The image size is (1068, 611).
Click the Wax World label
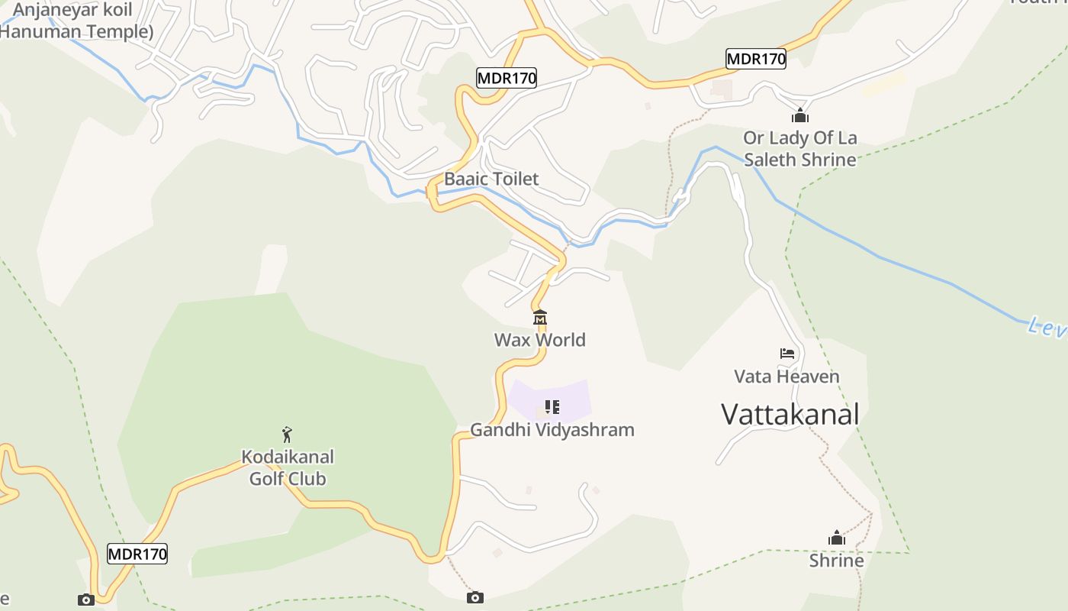pyautogui.click(x=539, y=340)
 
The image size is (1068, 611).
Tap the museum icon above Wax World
pyautogui.click(x=540, y=317)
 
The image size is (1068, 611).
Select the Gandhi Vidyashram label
pyautogui.click(x=552, y=430)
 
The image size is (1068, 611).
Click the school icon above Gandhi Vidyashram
pyautogui.click(x=552, y=407)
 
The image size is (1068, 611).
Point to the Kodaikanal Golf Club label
pyautogui.click(x=288, y=467)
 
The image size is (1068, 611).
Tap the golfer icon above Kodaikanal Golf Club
pyautogui.click(x=287, y=435)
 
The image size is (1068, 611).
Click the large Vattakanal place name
pyautogui.click(x=790, y=415)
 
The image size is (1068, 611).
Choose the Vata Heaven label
pyautogui.click(x=787, y=377)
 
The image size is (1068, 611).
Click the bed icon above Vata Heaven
pyautogui.click(x=787, y=354)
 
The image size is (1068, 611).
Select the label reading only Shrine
pyautogui.click(x=836, y=561)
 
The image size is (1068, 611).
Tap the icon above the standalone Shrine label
pyautogui.click(x=837, y=538)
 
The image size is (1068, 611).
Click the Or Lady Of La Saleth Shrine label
pyautogui.click(x=799, y=149)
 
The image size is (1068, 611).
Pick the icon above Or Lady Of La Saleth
pyautogui.click(x=799, y=115)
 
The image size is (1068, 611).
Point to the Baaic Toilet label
pyautogui.click(x=491, y=179)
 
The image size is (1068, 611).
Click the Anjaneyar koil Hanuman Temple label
pyautogui.click(x=74, y=21)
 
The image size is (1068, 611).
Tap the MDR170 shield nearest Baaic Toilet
pyautogui.click(x=507, y=77)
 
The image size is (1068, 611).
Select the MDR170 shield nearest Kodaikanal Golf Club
pyautogui.click(x=137, y=554)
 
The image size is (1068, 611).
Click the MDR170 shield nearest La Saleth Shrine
pyautogui.click(x=755, y=59)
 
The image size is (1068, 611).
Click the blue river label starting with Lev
pyautogui.click(x=1047, y=328)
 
